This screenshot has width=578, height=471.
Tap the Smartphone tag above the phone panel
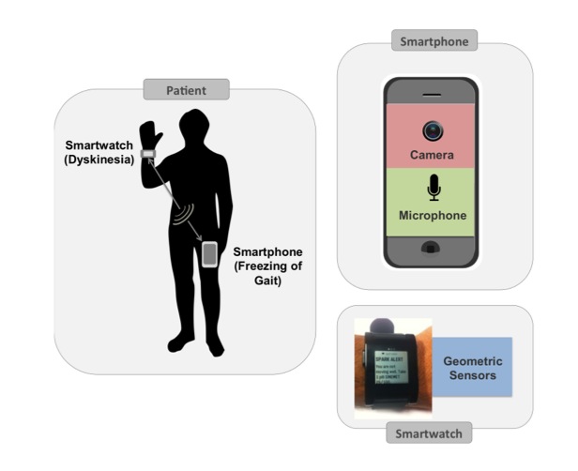433,41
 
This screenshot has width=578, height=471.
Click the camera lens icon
433,130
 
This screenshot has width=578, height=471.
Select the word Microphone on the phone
433,216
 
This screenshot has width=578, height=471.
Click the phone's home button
433,249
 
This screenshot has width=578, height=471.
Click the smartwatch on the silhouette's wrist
147,154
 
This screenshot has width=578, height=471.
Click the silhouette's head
194,125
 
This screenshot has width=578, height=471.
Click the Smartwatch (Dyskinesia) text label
99,152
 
